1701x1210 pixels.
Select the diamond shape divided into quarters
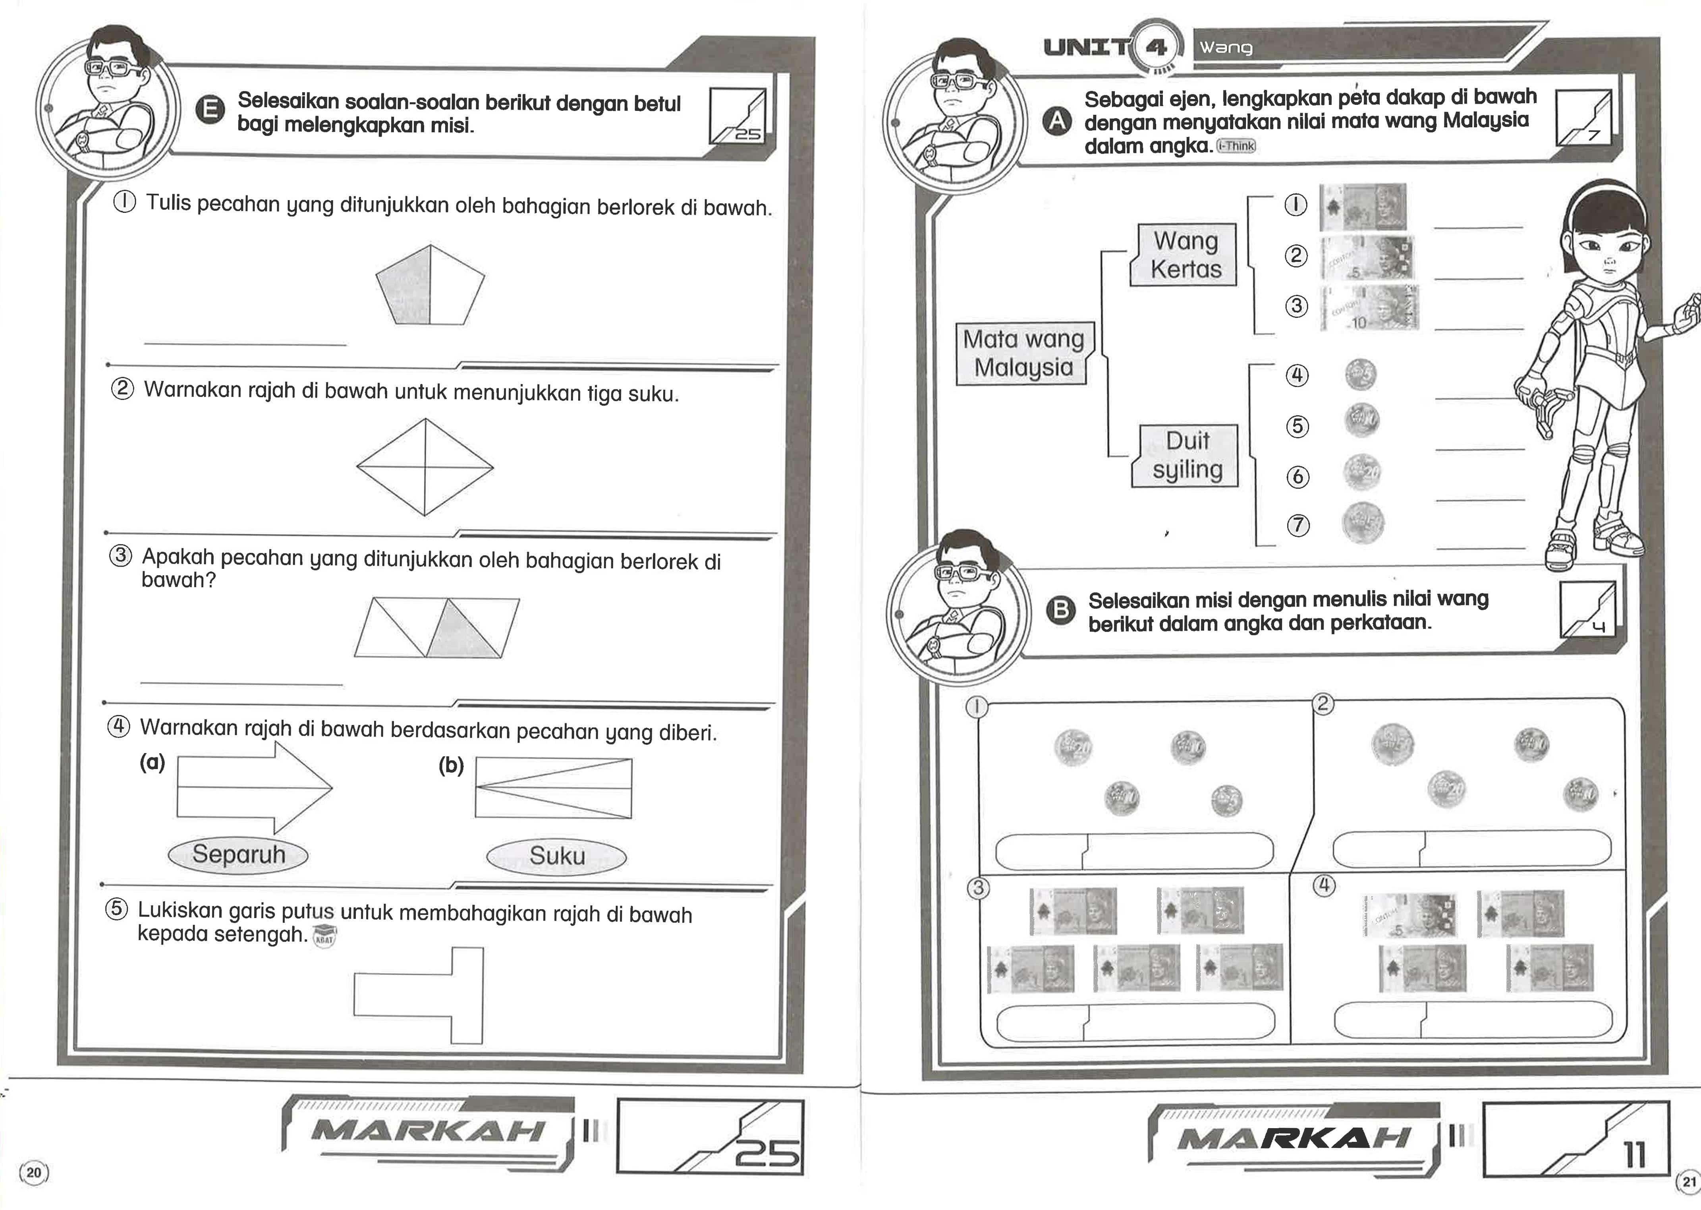click(x=425, y=467)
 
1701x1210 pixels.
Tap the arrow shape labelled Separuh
click(x=254, y=788)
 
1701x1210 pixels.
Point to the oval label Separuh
click(x=238, y=854)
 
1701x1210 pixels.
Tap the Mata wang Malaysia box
click(x=1024, y=353)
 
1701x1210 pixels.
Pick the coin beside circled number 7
click(x=1363, y=523)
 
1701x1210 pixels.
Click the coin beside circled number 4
click(x=1361, y=374)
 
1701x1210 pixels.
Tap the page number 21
click(x=1688, y=1181)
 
